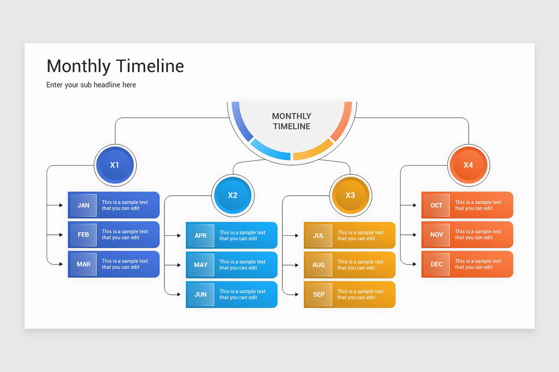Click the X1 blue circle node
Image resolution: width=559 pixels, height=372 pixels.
[114, 165]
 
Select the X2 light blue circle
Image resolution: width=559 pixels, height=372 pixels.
[232, 195]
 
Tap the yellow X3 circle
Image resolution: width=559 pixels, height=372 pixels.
[350, 195]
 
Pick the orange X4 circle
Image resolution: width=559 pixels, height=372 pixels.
[468, 165]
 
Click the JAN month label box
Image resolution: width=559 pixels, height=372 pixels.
[83, 205]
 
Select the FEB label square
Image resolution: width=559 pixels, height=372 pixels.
[83, 234]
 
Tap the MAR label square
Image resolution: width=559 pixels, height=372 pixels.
[83, 264]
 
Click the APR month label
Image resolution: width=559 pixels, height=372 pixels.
[201, 236]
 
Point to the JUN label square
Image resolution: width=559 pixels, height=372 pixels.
[201, 294]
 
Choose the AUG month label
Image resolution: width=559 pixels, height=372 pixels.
[319, 265]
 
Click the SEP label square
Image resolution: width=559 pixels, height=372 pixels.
[319, 294]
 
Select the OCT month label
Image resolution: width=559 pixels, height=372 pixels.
[436, 205]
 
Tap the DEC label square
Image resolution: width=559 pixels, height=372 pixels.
[436, 264]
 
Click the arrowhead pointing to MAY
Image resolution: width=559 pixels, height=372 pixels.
[179, 265]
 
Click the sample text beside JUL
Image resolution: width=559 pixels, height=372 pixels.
[361, 236]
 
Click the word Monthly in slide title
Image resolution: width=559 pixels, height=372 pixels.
[79, 66]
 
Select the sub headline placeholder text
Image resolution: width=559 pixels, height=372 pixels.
[91, 85]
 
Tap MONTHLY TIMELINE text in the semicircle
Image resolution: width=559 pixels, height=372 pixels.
[292, 121]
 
